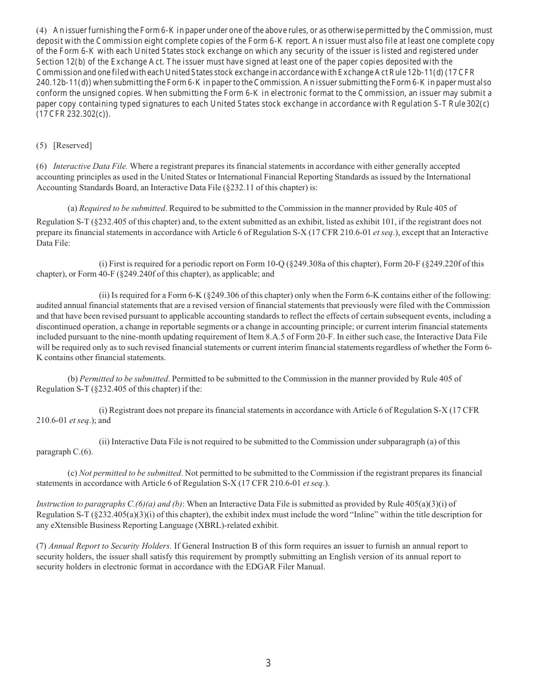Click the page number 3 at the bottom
268,663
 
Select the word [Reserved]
72,145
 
